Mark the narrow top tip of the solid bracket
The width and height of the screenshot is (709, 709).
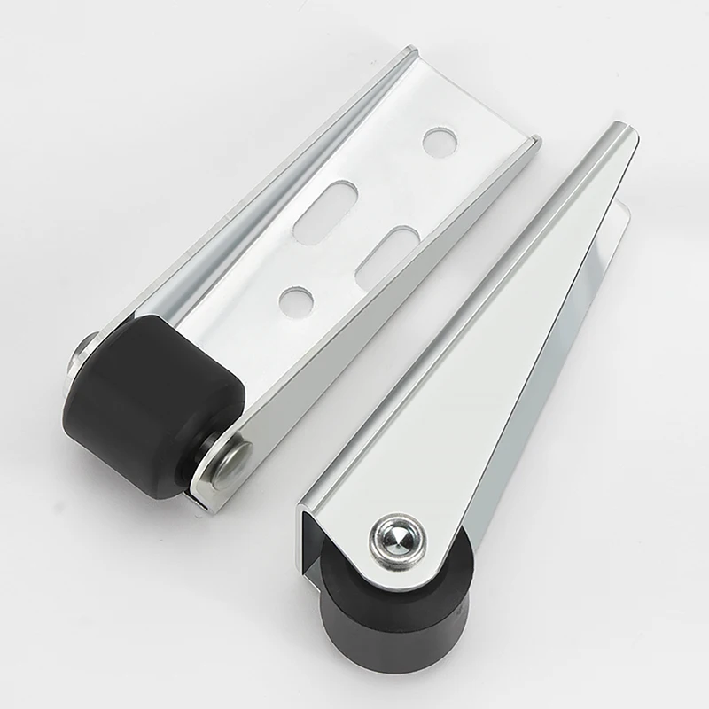pyautogui.click(x=620, y=133)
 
